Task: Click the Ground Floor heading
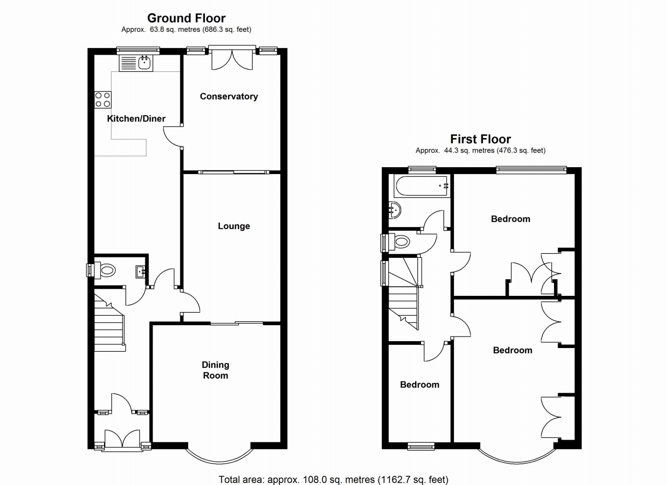(x=186, y=19)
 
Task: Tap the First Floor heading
(x=480, y=139)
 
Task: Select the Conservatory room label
(x=229, y=96)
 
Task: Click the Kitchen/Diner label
(x=136, y=119)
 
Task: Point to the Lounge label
(x=234, y=226)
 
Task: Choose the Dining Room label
(x=216, y=370)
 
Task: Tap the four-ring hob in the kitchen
(x=103, y=99)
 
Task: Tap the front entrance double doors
(x=122, y=439)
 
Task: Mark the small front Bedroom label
(x=419, y=385)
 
